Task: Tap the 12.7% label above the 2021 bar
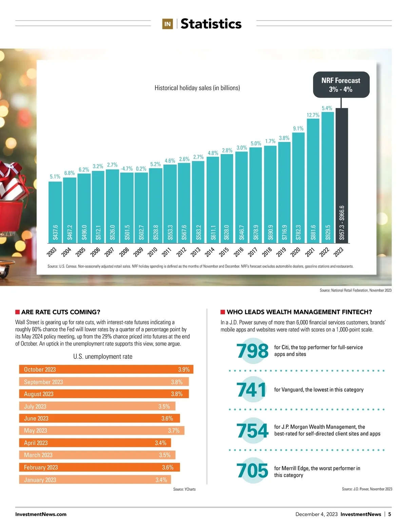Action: click(x=313, y=115)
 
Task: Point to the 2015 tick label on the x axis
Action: click(x=224, y=252)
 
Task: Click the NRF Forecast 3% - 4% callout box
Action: click(x=341, y=85)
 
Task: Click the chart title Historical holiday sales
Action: click(x=197, y=88)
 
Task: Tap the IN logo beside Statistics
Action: click(x=167, y=24)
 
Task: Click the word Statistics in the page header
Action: click(x=211, y=24)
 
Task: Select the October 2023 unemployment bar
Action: click(x=106, y=369)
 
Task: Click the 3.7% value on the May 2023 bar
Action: click(x=174, y=431)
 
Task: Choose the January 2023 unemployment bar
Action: click(x=95, y=479)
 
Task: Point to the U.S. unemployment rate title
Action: click(x=103, y=356)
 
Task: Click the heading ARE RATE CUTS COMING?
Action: click(x=61, y=312)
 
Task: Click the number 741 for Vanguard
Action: click(x=252, y=390)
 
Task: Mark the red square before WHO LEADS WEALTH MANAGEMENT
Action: click(x=223, y=312)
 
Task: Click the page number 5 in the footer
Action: click(x=390, y=514)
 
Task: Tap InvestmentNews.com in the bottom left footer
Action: click(x=41, y=514)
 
